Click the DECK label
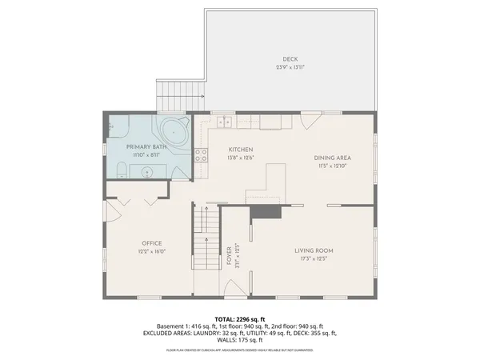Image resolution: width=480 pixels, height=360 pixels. [x=289, y=59]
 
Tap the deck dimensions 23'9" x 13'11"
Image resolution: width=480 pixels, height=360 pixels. [x=289, y=67]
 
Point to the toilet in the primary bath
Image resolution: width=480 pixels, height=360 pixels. [x=120, y=169]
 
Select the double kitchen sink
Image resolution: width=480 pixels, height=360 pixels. [x=224, y=122]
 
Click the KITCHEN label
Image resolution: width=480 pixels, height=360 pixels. [x=241, y=150]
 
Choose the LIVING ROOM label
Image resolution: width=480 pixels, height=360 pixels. [x=314, y=250]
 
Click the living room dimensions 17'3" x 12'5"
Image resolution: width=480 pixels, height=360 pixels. [x=314, y=258]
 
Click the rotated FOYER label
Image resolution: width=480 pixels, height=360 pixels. [x=229, y=254]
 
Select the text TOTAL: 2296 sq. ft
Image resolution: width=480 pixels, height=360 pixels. [x=239, y=318]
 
